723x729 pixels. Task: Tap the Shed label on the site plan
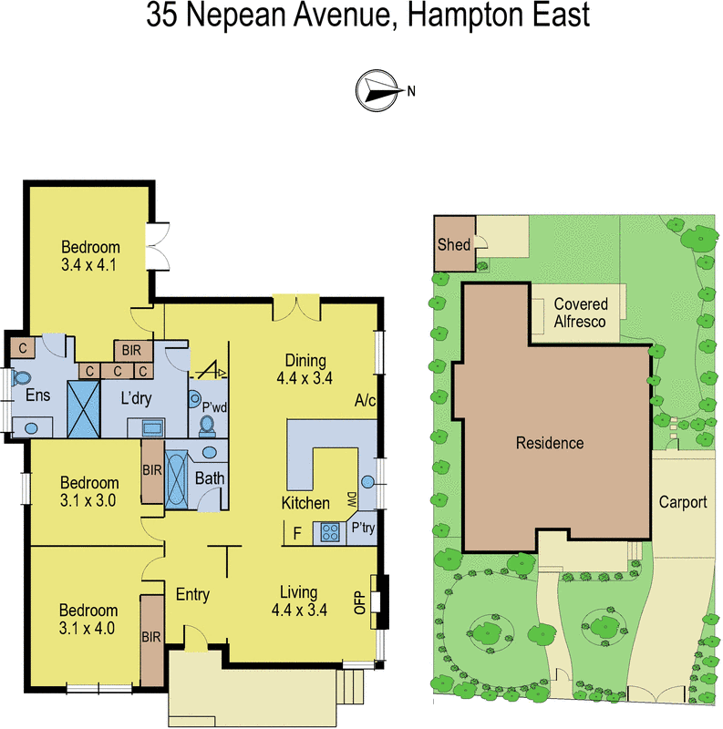click(x=453, y=244)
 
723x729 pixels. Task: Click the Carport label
click(x=683, y=502)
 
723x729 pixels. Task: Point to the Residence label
click(x=549, y=444)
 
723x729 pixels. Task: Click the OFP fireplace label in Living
click(x=358, y=602)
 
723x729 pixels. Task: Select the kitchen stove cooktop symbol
click(x=327, y=533)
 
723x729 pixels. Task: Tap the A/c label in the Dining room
click(x=365, y=401)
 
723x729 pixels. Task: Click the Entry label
click(x=192, y=595)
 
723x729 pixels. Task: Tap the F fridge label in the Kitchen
click(x=296, y=535)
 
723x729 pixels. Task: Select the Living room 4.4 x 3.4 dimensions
click(x=299, y=611)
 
